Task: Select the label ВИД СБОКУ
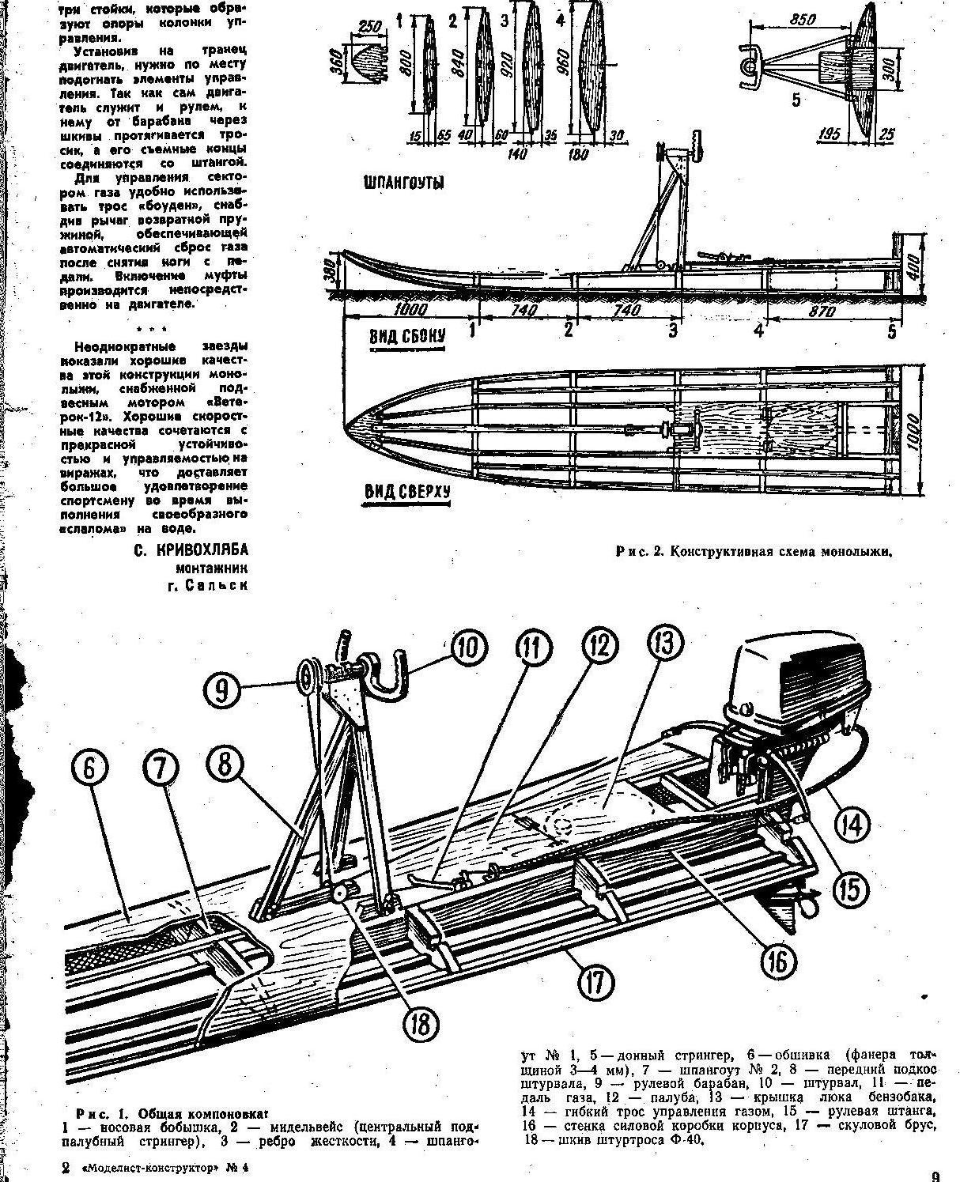407,335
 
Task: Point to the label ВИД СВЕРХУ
406,493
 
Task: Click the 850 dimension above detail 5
803,20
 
